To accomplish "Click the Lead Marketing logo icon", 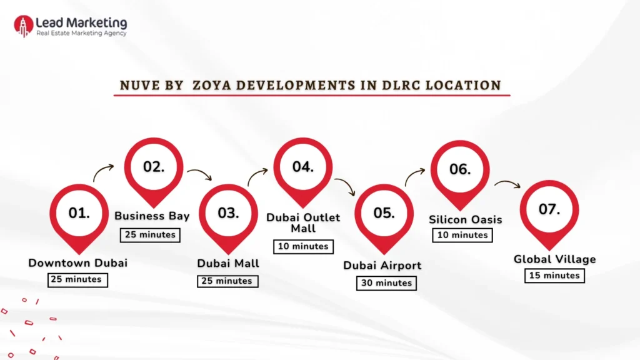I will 23,26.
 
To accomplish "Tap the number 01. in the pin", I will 79,213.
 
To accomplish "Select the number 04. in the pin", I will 302,167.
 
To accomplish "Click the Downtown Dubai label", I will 77,263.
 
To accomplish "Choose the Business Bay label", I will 152,216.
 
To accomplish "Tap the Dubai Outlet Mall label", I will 303,222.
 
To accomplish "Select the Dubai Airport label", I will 382,266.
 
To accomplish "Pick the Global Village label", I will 554,259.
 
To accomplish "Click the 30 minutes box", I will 386,283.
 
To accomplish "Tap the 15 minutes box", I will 554,276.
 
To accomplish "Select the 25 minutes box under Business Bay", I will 149,235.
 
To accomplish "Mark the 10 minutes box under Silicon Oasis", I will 462,235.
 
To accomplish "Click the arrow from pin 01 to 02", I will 104,171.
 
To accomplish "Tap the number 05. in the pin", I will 384,213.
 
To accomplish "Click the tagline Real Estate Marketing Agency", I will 81,34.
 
